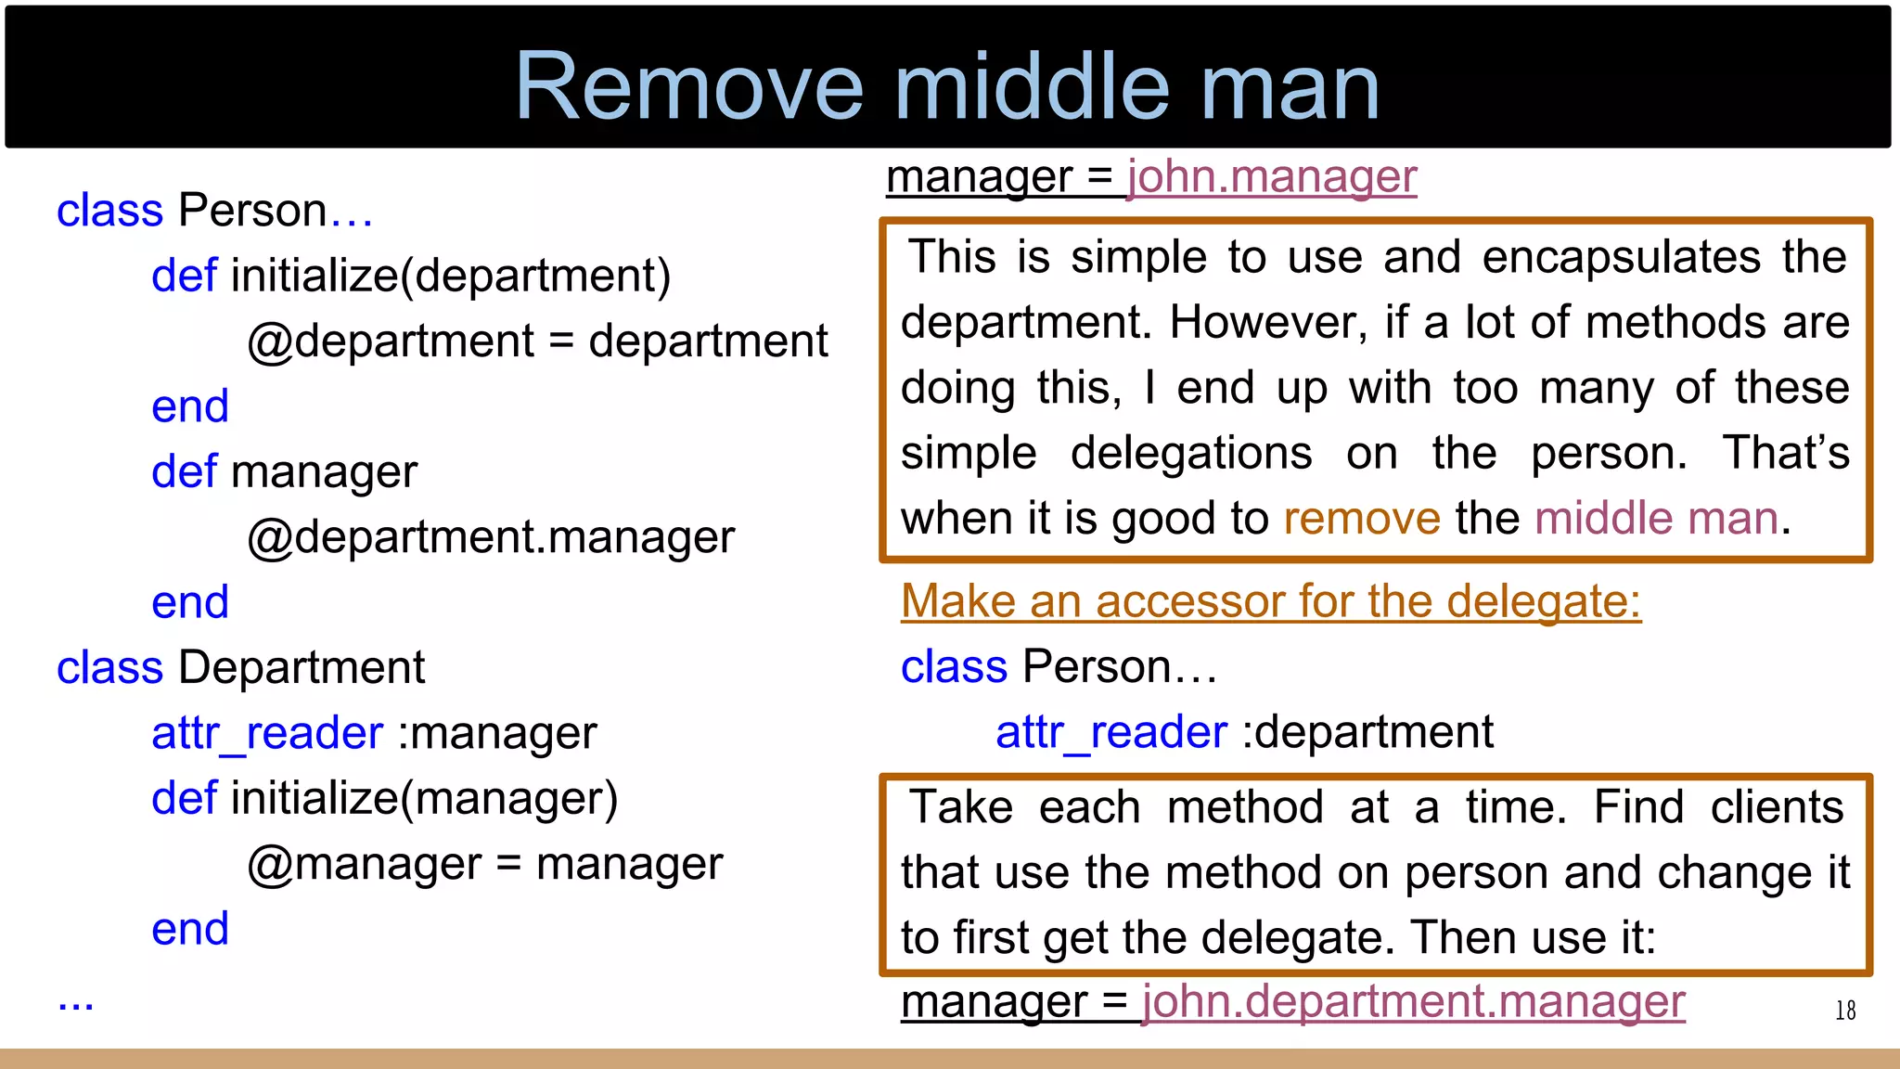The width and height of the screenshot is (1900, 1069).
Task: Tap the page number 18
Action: click(x=1845, y=1011)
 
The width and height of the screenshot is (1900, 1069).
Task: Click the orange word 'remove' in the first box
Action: click(x=1361, y=518)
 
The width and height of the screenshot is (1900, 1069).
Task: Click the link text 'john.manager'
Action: click(x=1272, y=175)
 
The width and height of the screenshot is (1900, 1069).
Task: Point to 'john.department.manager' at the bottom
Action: click(x=1413, y=1001)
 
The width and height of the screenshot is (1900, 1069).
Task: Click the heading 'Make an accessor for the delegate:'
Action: click(x=1271, y=601)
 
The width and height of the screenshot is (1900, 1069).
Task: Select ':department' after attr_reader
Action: click(x=1367, y=732)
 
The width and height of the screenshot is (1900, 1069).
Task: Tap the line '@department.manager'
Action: click(x=491, y=537)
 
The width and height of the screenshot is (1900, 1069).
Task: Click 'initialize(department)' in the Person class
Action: click(x=450, y=276)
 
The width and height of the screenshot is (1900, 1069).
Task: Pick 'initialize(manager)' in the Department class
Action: click(x=424, y=798)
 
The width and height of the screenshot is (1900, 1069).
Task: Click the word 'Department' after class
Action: click(x=302, y=667)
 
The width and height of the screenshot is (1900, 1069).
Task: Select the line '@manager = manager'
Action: click(x=484, y=864)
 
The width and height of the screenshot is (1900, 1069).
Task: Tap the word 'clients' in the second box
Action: click(x=1777, y=806)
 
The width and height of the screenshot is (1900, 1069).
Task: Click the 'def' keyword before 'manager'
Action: click(x=184, y=471)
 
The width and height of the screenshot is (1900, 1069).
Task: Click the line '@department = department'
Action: click(x=537, y=341)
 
